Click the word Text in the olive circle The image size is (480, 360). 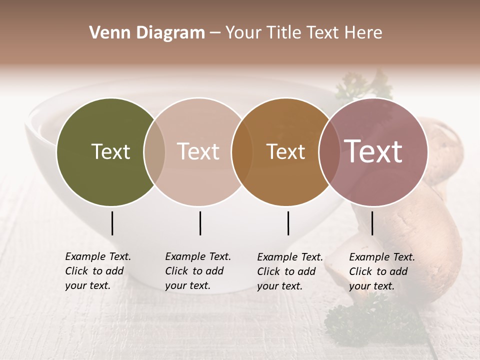click(110, 151)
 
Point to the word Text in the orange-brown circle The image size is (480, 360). click(285, 151)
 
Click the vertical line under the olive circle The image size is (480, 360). click(112, 223)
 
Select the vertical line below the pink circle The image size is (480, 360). click(200, 223)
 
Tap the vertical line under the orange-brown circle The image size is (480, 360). click(288, 223)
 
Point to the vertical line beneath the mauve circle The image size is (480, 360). click(372, 223)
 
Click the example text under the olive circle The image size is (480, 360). click(97, 271)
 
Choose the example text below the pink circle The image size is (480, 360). click(197, 271)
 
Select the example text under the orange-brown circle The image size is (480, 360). click(289, 271)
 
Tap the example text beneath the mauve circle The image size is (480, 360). click(381, 271)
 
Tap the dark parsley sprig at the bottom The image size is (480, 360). click(370, 320)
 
